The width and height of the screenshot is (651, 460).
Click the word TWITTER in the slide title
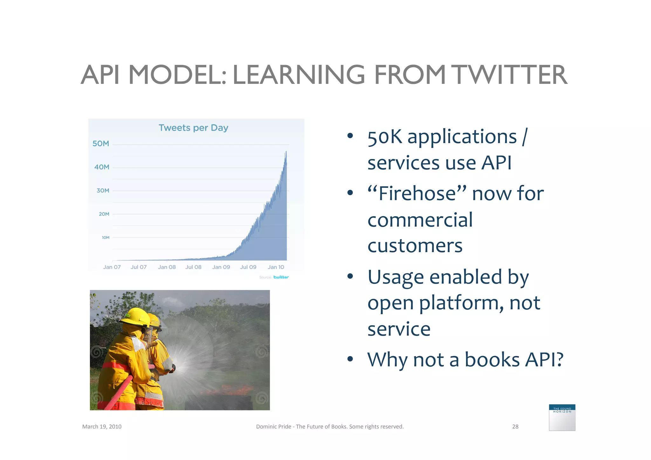(509, 75)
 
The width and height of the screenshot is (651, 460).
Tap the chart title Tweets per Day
(193, 128)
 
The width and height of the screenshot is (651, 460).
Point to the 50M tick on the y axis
(101, 144)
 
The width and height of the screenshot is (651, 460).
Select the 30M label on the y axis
(103, 191)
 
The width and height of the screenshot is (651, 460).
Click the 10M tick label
(106, 237)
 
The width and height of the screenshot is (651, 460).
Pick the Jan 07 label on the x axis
(112, 267)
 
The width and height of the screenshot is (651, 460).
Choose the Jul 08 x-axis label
(193, 267)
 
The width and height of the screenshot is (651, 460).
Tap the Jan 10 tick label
(276, 267)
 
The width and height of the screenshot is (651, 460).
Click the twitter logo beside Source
(281, 277)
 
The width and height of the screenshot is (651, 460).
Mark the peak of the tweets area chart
(286, 152)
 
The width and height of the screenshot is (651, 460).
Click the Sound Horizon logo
(562, 417)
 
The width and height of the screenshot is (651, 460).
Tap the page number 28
(515, 427)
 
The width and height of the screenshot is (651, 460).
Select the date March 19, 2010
(102, 427)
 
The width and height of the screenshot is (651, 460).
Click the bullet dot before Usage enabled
(350, 276)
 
